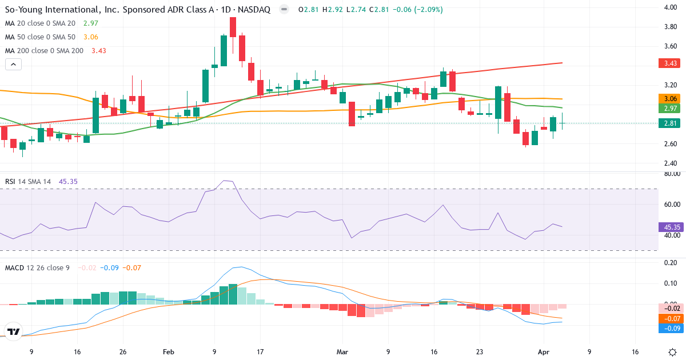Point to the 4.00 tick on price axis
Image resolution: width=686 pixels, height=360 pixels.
(x=670, y=7)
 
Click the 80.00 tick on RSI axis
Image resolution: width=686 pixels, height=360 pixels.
(x=671, y=174)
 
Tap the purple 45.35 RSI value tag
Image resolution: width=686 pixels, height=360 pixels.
(x=669, y=227)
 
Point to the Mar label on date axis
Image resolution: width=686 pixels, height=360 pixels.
(x=342, y=351)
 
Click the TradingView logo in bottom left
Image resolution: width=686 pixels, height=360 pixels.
(x=13, y=331)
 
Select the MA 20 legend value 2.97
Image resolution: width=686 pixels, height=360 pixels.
(x=90, y=23)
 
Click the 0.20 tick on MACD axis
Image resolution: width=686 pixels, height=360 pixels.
(x=671, y=262)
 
